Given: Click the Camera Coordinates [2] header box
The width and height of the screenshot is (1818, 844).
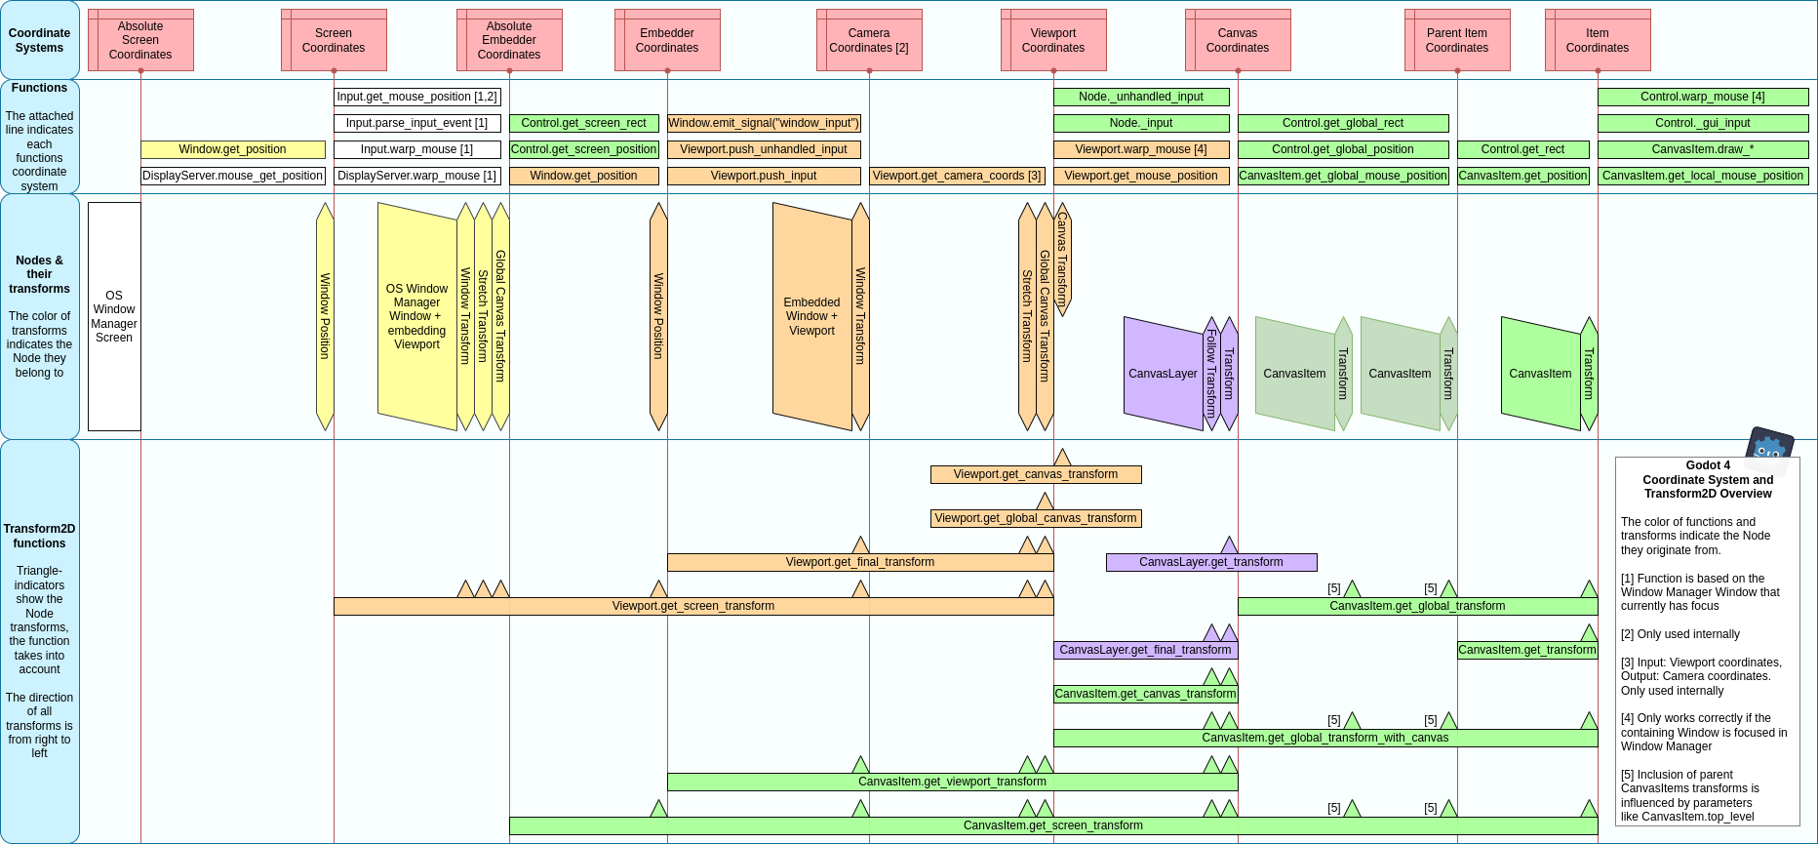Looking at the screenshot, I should [869, 40].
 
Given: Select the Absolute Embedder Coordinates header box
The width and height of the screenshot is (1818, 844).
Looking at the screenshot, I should [509, 40].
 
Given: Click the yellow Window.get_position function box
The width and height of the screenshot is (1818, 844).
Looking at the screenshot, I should [233, 149].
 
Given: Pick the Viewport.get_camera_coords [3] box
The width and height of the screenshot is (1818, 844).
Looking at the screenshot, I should [957, 176].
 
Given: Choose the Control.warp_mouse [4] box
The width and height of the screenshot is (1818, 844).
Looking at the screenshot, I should [1703, 97].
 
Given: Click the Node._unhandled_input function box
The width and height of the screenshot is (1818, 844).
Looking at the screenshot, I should [1141, 97].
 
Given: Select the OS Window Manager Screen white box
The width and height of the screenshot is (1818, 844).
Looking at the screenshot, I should [114, 316].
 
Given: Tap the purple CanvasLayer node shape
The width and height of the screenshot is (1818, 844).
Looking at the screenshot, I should [1163, 374].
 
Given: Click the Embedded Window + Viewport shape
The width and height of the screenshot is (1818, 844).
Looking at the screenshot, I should [811, 316].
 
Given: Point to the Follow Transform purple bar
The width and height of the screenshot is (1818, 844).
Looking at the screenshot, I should [1211, 374].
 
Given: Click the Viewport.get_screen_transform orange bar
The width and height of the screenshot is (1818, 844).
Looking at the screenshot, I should [693, 606].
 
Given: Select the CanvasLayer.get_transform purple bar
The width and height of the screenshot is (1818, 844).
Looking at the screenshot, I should [1211, 562].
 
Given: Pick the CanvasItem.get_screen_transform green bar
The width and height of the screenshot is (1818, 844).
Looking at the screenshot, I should [1053, 825].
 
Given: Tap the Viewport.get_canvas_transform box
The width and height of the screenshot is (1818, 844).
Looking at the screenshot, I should [1036, 474].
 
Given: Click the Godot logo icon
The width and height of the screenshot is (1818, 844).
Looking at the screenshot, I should [1769, 449].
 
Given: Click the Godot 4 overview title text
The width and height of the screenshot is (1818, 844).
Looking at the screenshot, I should [1708, 479].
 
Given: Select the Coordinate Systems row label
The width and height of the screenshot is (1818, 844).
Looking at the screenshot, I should [39, 40].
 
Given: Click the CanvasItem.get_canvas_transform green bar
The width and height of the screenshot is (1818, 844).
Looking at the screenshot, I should [1145, 694].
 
